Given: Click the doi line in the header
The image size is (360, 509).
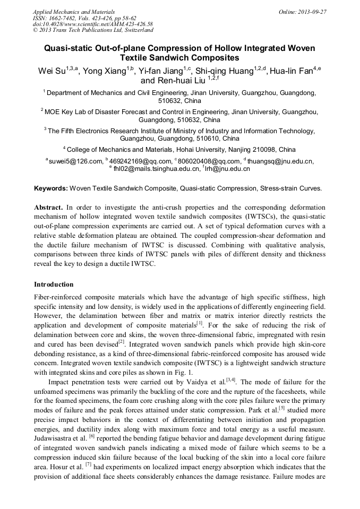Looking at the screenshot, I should pyautogui.click(x=93, y=24).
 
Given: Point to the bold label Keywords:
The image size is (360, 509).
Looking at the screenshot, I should pyautogui.click(x=50, y=188).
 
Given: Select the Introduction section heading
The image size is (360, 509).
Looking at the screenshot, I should pyautogui.click(x=54, y=284).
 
